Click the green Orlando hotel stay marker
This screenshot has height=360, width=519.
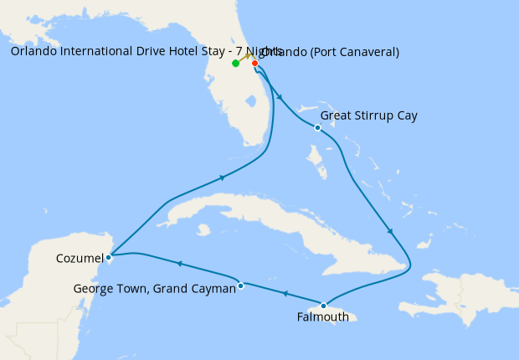(x=236, y=64)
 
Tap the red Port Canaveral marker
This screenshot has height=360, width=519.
(x=254, y=63)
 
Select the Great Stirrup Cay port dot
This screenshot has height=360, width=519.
(x=317, y=127)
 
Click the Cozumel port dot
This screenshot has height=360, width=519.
(x=109, y=257)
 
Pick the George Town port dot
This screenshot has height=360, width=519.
(x=240, y=285)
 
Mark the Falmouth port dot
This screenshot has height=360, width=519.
(x=324, y=306)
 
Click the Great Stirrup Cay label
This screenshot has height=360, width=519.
(x=380, y=116)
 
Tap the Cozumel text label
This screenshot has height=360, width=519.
(x=80, y=257)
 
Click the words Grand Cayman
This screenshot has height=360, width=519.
(x=195, y=289)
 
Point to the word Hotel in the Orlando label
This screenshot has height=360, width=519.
(x=164, y=52)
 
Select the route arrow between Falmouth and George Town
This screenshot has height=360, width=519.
(x=285, y=294)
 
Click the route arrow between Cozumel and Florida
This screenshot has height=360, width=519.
(x=223, y=177)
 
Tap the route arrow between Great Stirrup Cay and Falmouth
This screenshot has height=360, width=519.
(x=390, y=231)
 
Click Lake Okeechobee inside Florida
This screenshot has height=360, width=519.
(x=250, y=101)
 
